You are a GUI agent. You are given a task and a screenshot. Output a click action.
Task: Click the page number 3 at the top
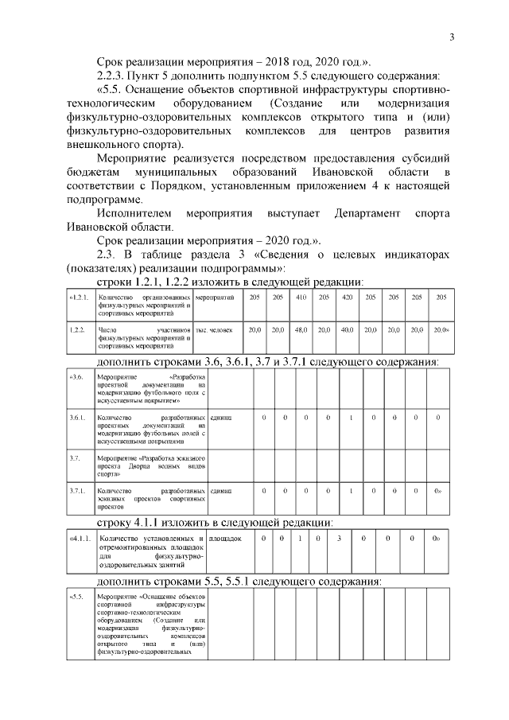pyautogui.click(x=452, y=37)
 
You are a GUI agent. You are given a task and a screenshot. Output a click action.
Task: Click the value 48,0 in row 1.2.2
pyautogui.click(x=301, y=329)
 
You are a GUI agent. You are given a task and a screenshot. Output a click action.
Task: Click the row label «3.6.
pyautogui.click(x=78, y=376)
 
